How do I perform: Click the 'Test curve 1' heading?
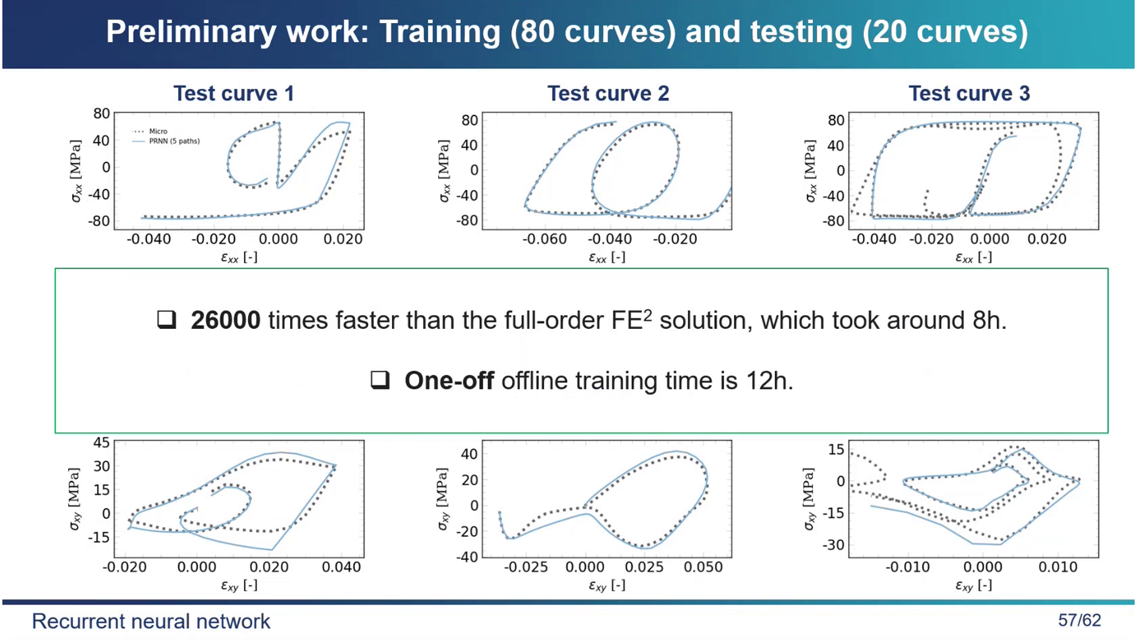[x=233, y=94]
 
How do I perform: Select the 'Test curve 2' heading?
[x=608, y=94]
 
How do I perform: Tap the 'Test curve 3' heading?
[x=969, y=94]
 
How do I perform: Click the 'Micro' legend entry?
[x=158, y=131]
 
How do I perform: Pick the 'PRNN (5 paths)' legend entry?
[x=174, y=141]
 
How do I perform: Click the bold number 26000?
[x=225, y=321]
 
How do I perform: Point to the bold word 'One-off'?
[x=449, y=381]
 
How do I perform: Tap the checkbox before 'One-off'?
[x=380, y=380]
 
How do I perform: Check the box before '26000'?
[x=166, y=320]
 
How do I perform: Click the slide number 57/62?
[x=1079, y=620]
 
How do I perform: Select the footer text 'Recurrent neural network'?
[x=151, y=621]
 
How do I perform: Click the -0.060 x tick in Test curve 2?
[x=544, y=239]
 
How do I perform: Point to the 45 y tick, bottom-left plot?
[x=101, y=443]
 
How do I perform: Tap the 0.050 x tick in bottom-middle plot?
[x=703, y=567]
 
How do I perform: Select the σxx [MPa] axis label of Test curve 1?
[x=76, y=171]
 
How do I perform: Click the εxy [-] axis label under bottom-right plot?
[x=973, y=585]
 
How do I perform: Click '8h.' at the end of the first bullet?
[x=989, y=321]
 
